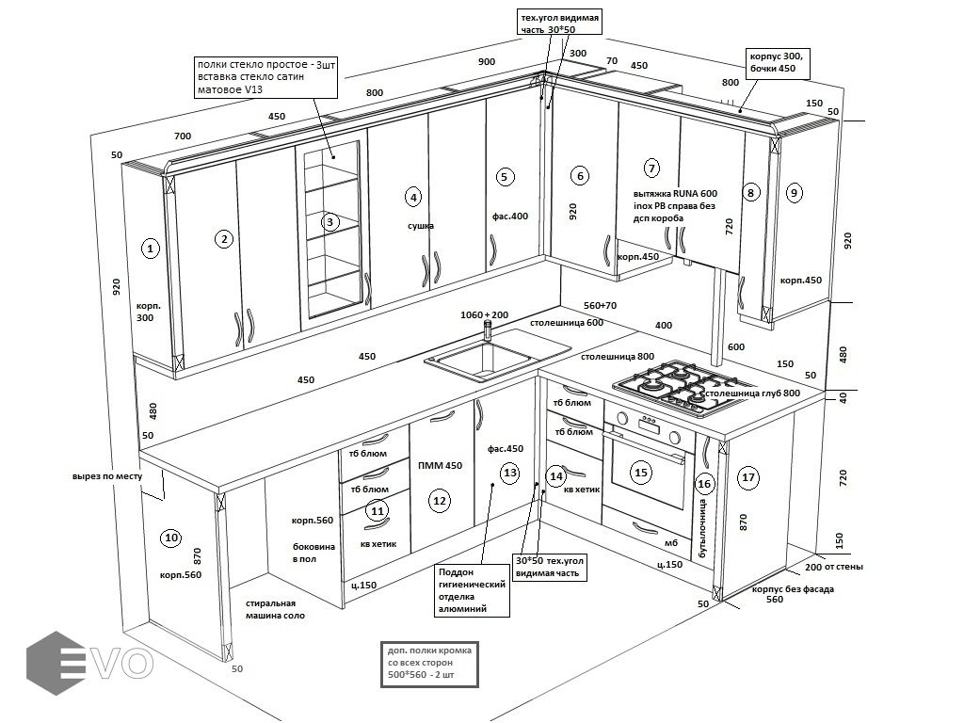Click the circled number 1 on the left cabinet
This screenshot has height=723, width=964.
pyautogui.click(x=150, y=249)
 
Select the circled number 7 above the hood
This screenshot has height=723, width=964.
pyautogui.click(x=651, y=169)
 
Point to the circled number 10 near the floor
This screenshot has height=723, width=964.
pyautogui.click(x=170, y=538)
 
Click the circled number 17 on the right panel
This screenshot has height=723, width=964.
pyautogui.click(x=748, y=477)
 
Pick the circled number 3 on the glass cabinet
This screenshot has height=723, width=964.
pyautogui.click(x=329, y=222)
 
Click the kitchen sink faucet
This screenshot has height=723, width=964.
pyautogui.click(x=488, y=329)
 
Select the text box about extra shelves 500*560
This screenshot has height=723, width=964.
pyautogui.click(x=428, y=664)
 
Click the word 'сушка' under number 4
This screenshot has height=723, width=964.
pyautogui.click(x=420, y=227)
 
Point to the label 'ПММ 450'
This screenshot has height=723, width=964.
pyautogui.click(x=440, y=466)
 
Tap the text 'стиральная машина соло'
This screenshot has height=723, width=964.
pyautogui.click(x=275, y=609)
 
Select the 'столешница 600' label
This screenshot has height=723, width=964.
pyautogui.click(x=566, y=323)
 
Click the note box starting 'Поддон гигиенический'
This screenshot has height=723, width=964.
pyautogui.click(x=473, y=590)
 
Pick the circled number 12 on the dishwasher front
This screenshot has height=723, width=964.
pyautogui.click(x=439, y=501)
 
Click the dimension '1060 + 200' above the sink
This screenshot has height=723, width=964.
pyautogui.click(x=484, y=314)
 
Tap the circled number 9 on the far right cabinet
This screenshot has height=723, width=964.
pyautogui.click(x=794, y=193)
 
